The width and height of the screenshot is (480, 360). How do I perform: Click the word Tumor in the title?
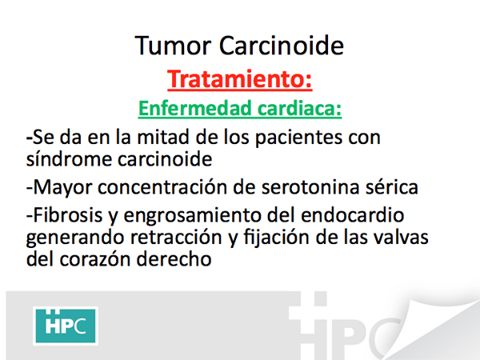pyautogui.click(x=173, y=46)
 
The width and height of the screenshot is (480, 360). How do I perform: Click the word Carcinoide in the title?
pyautogui.click(x=282, y=46)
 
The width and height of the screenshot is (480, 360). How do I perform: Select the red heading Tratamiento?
pyautogui.click(x=240, y=79)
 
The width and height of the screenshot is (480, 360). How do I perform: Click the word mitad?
pyautogui.click(x=162, y=137)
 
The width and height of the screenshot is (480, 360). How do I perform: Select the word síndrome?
pyautogui.click(x=69, y=159)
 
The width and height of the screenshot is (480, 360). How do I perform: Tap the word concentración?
pyautogui.click(x=162, y=186)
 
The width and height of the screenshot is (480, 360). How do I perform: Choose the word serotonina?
pyautogui.click(x=310, y=187)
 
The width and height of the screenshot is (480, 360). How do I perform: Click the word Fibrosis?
pyautogui.click(x=67, y=214)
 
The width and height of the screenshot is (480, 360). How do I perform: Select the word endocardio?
pyautogui.click(x=353, y=214)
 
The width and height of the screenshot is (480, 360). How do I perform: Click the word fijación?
pyautogui.click(x=277, y=238)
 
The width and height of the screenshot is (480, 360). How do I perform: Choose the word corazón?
pyautogui.click(x=94, y=259)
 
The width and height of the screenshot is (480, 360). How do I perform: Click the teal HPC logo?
pyautogui.click(x=66, y=326)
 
